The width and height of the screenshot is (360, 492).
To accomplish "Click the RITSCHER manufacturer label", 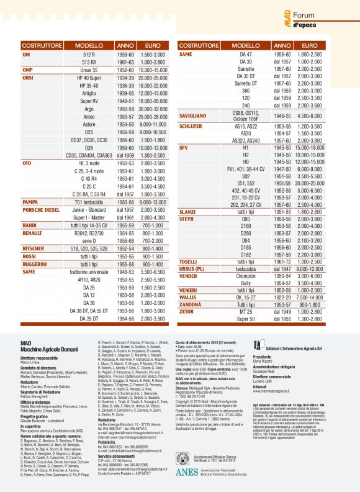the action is [35, 248].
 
